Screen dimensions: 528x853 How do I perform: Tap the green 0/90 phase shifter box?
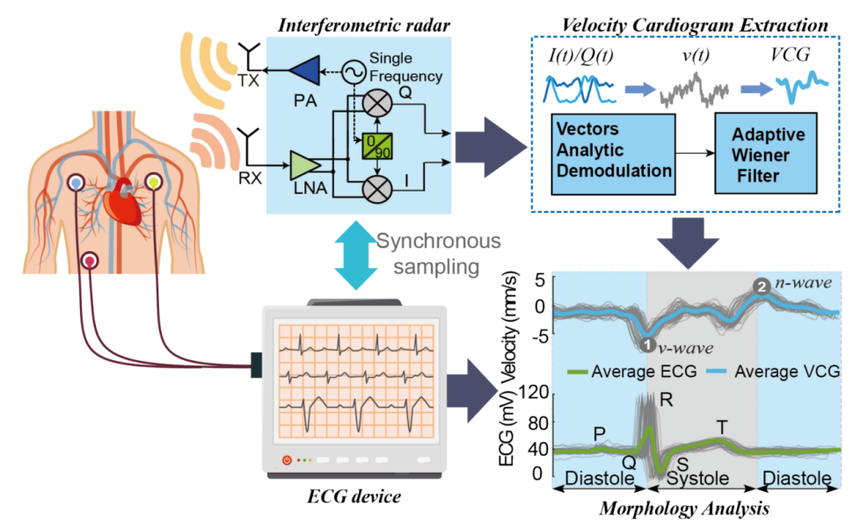[375, 145]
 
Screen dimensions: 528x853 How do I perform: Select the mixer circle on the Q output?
[378, 104]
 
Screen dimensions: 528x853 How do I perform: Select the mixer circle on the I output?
[378, 186]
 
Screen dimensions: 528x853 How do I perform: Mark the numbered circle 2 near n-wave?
[762, 286]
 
